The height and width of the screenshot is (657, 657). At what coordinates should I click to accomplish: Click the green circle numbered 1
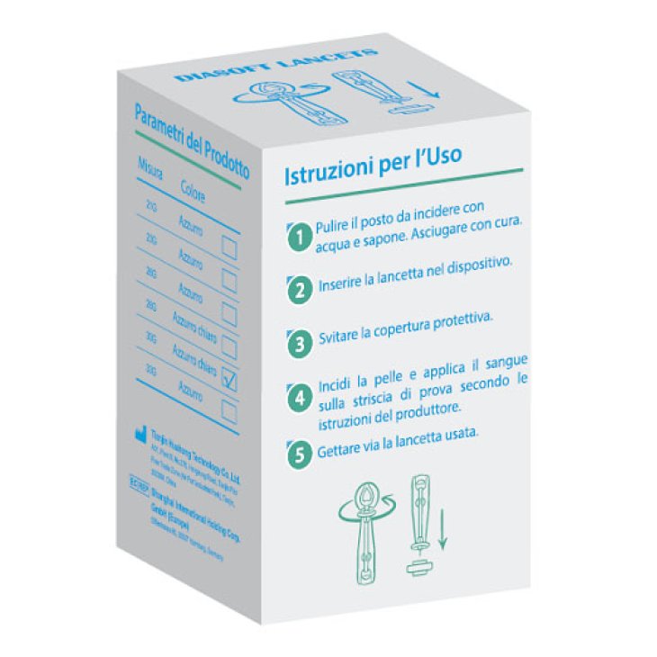[x=298, y=239]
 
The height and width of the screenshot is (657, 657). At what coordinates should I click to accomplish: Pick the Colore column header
[x=195, y=191]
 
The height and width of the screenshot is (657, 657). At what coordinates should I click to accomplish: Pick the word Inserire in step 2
[x=343, y=287]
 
